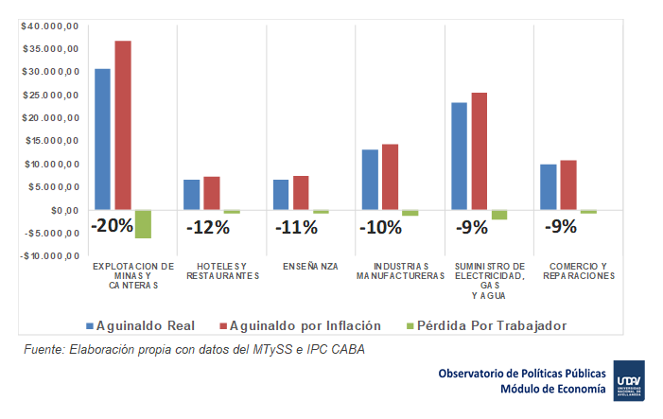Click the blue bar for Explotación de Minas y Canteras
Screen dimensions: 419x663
(x=102, y=139)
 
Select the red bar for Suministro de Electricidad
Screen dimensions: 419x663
(x=480, y=151)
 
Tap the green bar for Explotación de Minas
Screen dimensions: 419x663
(x=143, y=224)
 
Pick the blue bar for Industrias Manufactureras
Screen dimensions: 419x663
(x=370, y=180)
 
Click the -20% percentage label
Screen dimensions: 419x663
(x=113, y=227)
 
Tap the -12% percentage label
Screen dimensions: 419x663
(x=207, y=227)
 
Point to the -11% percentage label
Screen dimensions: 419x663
(x=297, y=227)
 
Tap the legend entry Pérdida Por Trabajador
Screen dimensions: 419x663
(x=493, y=325)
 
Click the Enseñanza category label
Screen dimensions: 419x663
(x=309, y=266)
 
